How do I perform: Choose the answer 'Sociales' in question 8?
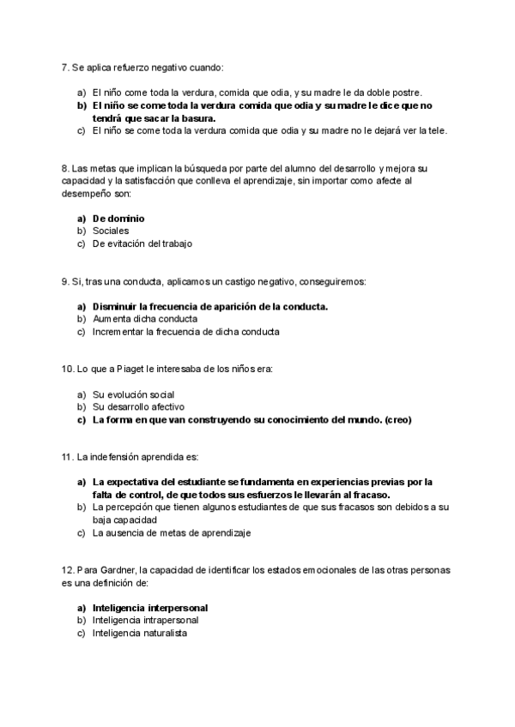111,231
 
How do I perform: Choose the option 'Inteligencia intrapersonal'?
145,620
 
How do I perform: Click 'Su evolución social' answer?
133,394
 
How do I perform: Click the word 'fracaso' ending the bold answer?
370,495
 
